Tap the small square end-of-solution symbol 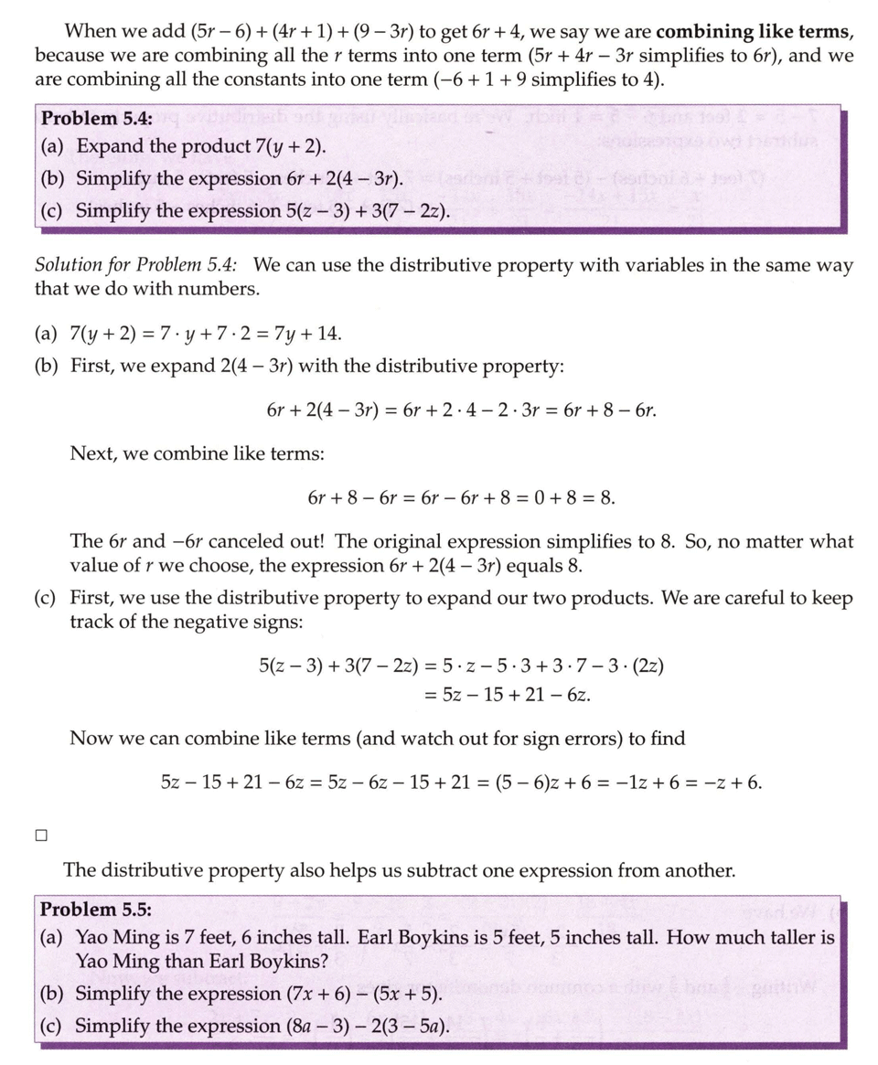point(40,835)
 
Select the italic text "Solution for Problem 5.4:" point(136,265)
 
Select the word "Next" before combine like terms point(91,453)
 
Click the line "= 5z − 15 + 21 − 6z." point(508,695)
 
